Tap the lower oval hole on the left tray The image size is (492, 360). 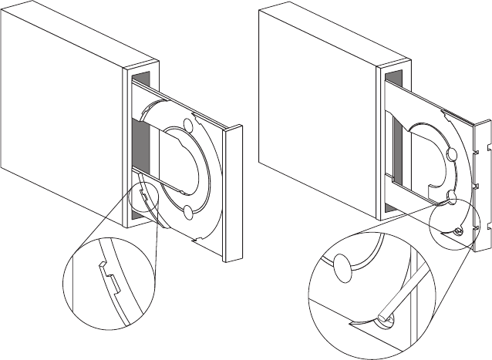click(x=188, y=211)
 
